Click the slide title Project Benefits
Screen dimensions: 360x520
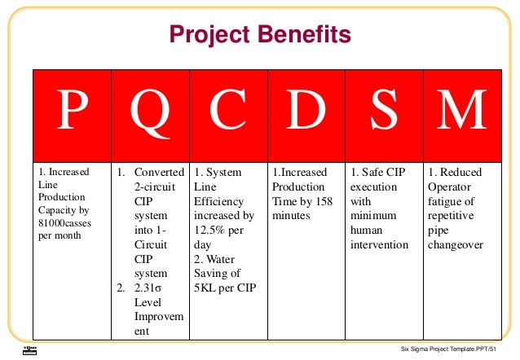(x=260, y=34)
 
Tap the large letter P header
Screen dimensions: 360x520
(x=71, y=113)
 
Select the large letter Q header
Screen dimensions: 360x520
(x=150, y=113)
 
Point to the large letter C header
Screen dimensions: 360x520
(x=228, y=113)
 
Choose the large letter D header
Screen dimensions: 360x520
(x=306, y=113)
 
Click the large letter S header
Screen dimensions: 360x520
(x=384, y=113)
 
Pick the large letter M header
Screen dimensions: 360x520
(x=462, y=113)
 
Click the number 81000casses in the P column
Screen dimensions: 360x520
(x=64, y=222)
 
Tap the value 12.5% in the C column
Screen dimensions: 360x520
(x=209, y=230)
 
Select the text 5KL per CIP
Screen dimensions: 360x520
(x=224, y=288)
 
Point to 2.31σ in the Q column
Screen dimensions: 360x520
(x=151, y=288)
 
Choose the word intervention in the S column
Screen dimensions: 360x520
(x=379, y=244)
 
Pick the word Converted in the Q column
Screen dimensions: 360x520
(x=160, y=173)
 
